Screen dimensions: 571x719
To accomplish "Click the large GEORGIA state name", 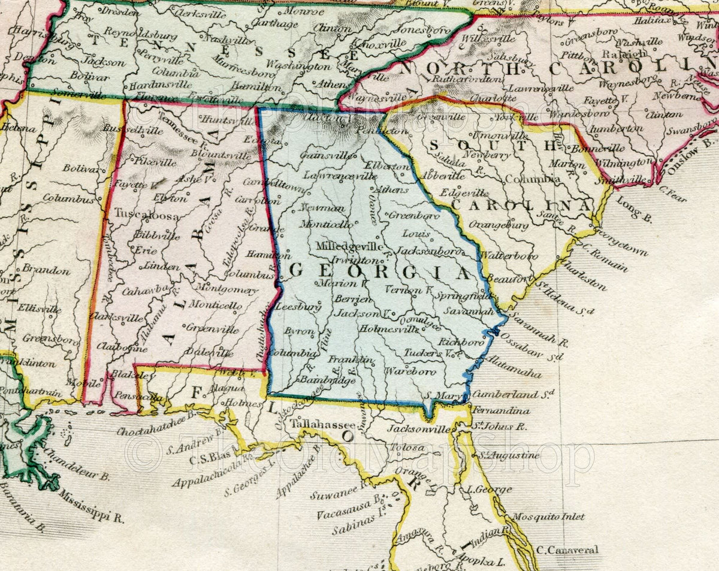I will [379, 272].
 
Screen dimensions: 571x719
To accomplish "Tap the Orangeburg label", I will [499, 225].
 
